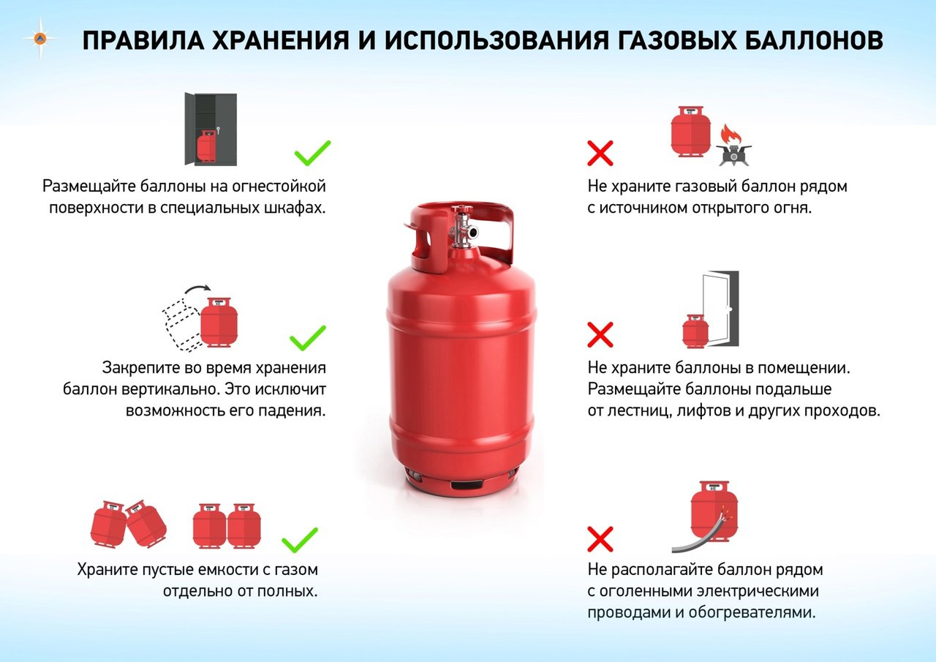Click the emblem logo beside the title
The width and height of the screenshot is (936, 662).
[40, 39]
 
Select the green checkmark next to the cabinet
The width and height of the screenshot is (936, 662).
[312, 153]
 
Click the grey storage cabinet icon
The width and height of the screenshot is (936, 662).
[211, 129]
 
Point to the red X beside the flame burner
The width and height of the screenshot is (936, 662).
[600, 153]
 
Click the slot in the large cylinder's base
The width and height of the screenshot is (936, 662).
[467, 485]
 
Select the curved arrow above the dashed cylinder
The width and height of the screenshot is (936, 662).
[197, 289]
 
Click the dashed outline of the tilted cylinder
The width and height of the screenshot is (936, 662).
[183, 325]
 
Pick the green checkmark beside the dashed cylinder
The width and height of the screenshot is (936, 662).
[308, 338]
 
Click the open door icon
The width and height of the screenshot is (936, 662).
[720, 309]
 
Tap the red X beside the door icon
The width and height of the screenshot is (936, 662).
[600, 334]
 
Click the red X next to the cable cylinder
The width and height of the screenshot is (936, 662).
[600, 539]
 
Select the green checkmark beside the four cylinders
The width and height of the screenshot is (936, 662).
[300, 540]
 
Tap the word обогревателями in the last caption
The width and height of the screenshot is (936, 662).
[752, 613]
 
